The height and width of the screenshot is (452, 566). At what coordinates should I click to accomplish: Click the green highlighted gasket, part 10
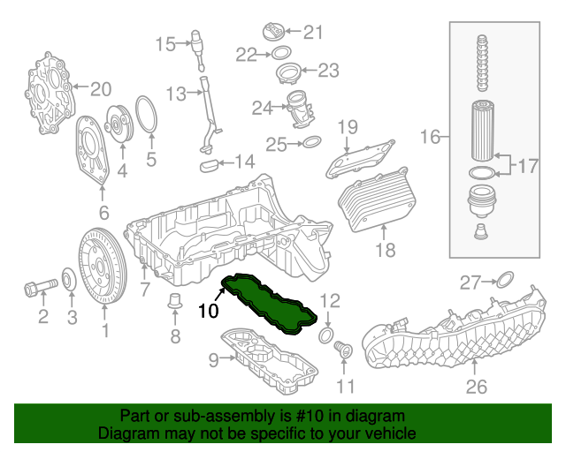click(269, 305)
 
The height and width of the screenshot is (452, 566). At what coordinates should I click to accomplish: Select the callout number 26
click(477, 386)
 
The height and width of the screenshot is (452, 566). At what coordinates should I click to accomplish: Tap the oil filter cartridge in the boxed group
click(482, 133)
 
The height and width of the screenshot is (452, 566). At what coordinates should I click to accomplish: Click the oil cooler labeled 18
click(375, 200)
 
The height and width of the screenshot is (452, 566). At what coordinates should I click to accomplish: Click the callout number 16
click(431, 136)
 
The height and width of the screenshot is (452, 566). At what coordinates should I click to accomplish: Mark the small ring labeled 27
click(502, 282)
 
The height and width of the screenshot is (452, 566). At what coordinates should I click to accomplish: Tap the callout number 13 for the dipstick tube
click(176, 93)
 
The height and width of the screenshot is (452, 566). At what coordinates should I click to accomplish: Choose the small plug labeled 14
click(210, 162)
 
